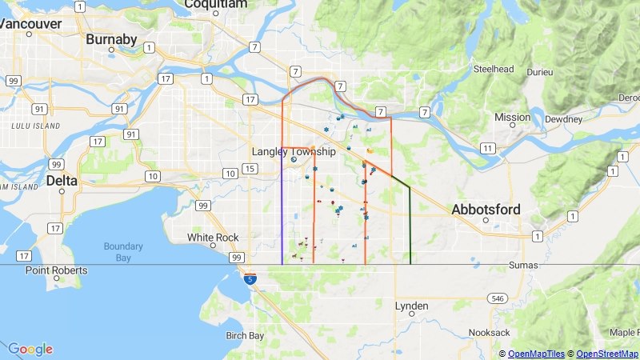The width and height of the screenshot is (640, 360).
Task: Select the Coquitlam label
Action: point(215,4)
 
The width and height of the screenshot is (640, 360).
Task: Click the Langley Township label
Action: point(294,151)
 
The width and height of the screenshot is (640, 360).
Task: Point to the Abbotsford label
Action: point(486,210)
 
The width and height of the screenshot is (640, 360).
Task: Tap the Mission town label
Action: point(512,117)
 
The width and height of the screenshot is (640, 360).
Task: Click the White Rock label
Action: point(213,238)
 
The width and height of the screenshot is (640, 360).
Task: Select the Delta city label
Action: point(62,181)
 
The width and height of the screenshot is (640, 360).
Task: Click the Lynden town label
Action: point(412,306)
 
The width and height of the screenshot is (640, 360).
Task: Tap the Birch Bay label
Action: point(245,335)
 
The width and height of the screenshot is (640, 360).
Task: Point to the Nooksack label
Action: point(489,331)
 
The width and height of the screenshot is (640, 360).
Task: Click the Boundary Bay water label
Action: point(123,251)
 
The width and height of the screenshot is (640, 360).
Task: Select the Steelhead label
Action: point(493,69)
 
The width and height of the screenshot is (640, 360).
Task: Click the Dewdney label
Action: point(564,119)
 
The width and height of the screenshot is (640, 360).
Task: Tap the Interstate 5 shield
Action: point(251,279)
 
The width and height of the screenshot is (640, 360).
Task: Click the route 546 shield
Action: point(498,298)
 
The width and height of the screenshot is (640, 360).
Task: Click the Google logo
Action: point(30,349)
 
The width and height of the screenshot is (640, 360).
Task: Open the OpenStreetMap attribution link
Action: point(606,354)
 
